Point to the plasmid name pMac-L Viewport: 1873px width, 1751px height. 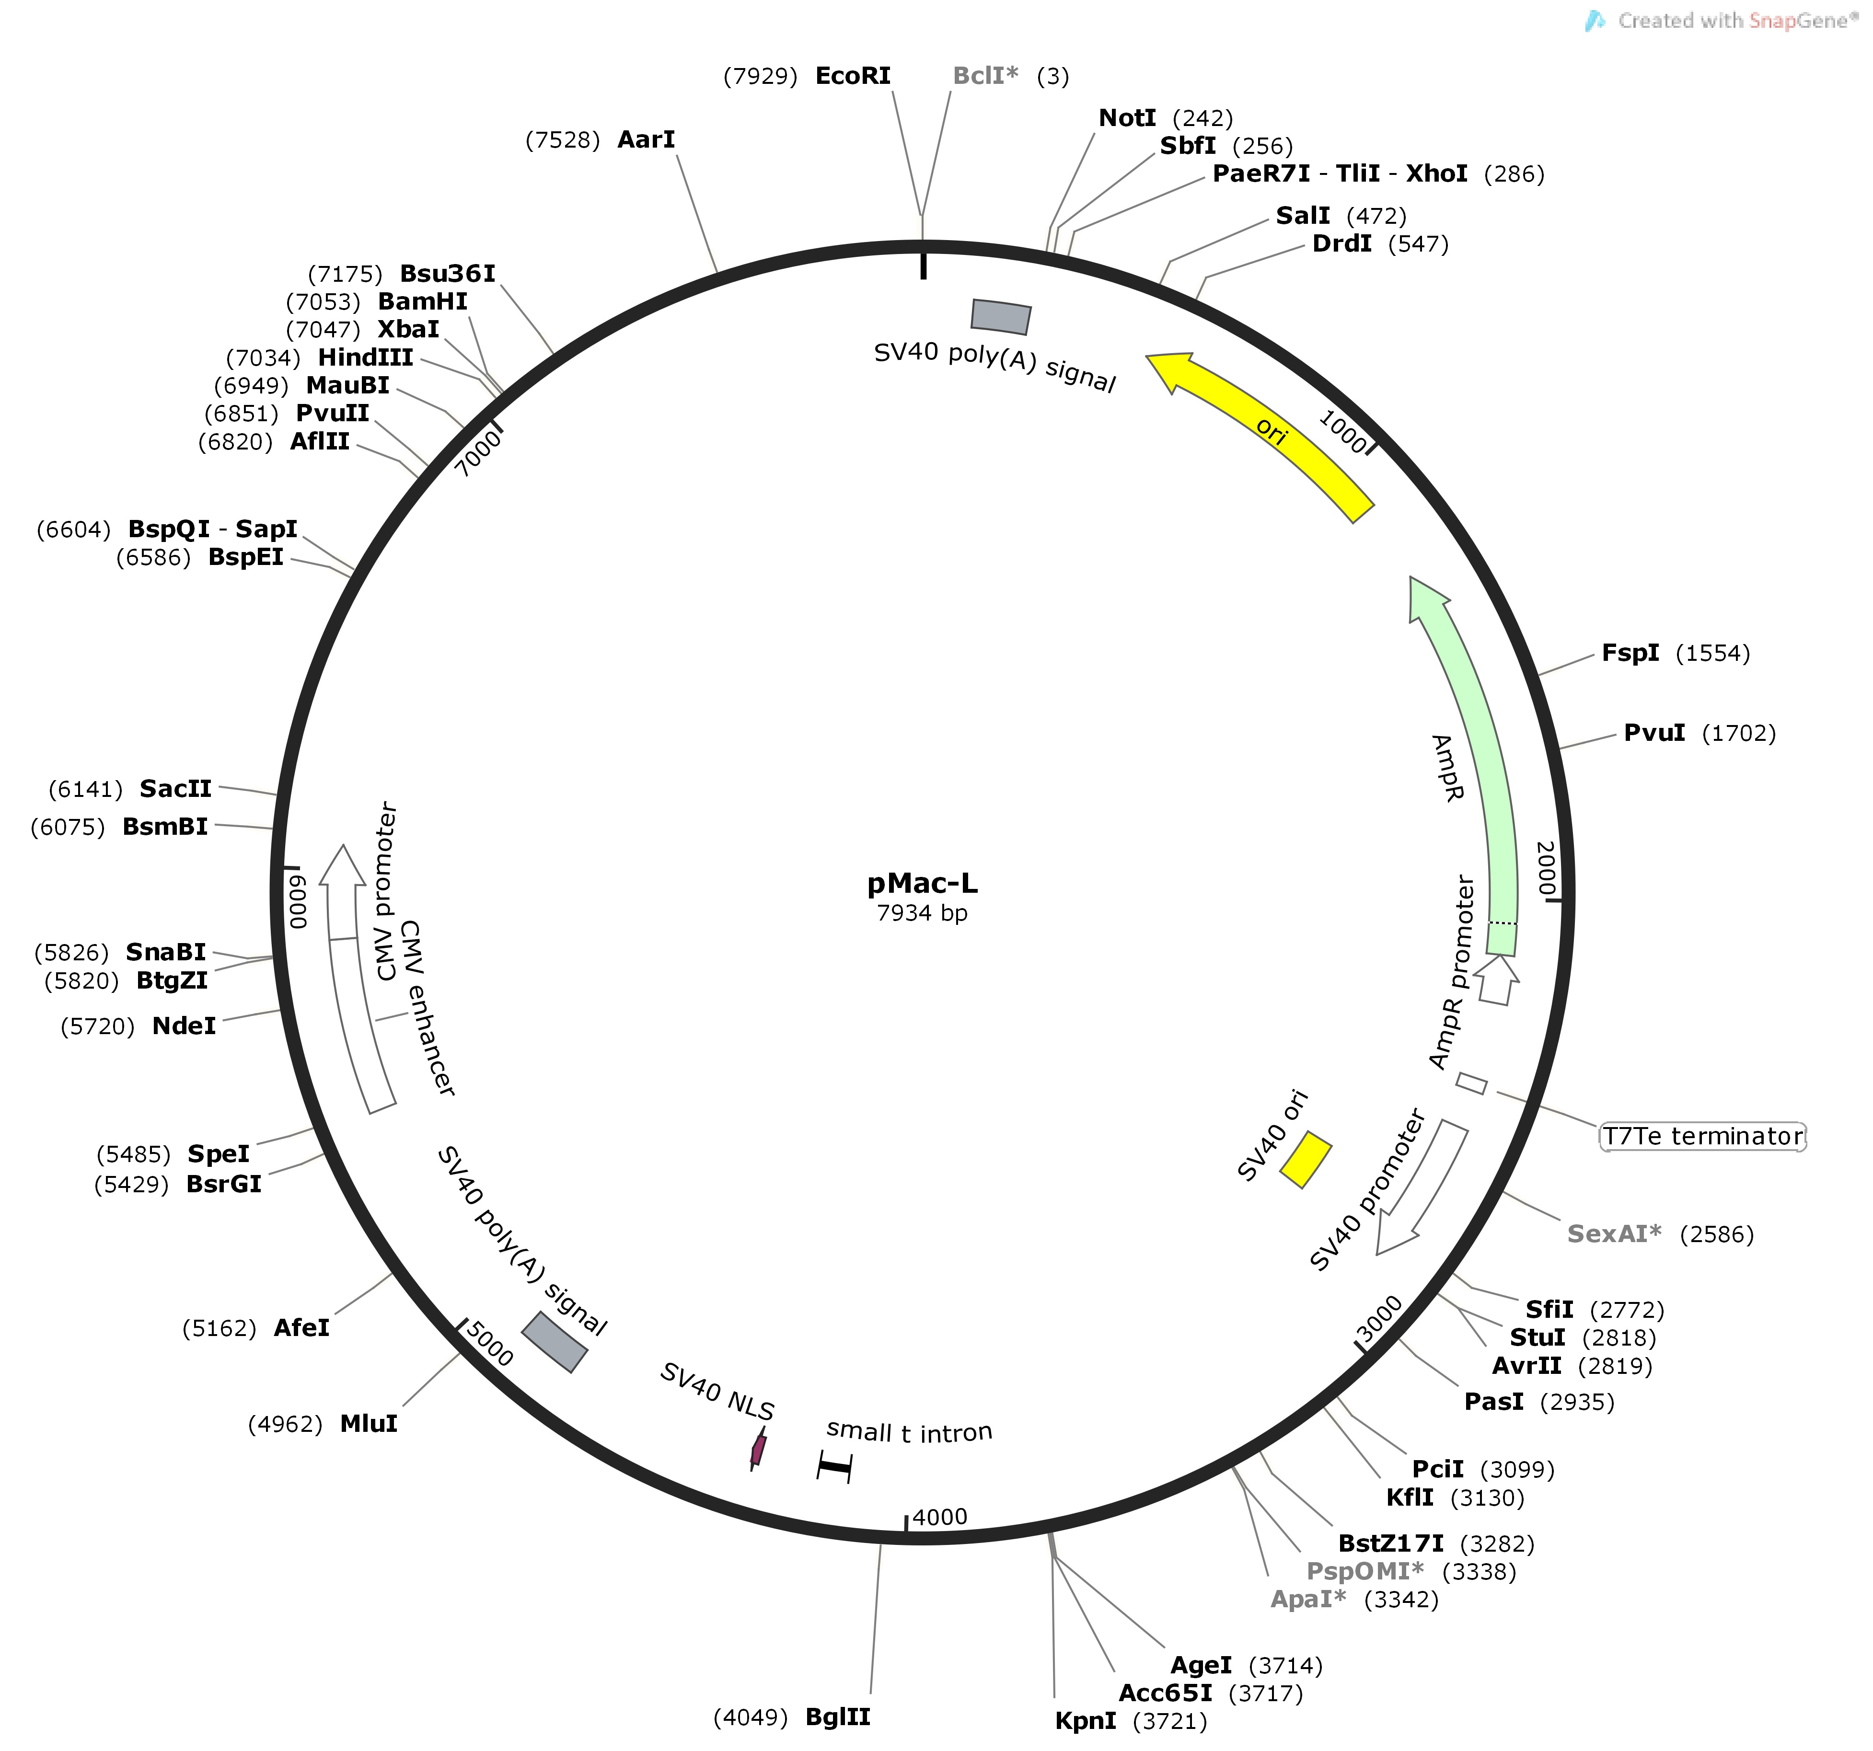pos(923,884)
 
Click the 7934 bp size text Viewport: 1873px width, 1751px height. pos(923,913)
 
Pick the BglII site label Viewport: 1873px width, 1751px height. pos(838,1716)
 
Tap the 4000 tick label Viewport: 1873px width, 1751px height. pos(939,1517)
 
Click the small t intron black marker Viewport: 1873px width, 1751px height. pos(834,1466)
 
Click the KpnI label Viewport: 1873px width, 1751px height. pos(1086,1721)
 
